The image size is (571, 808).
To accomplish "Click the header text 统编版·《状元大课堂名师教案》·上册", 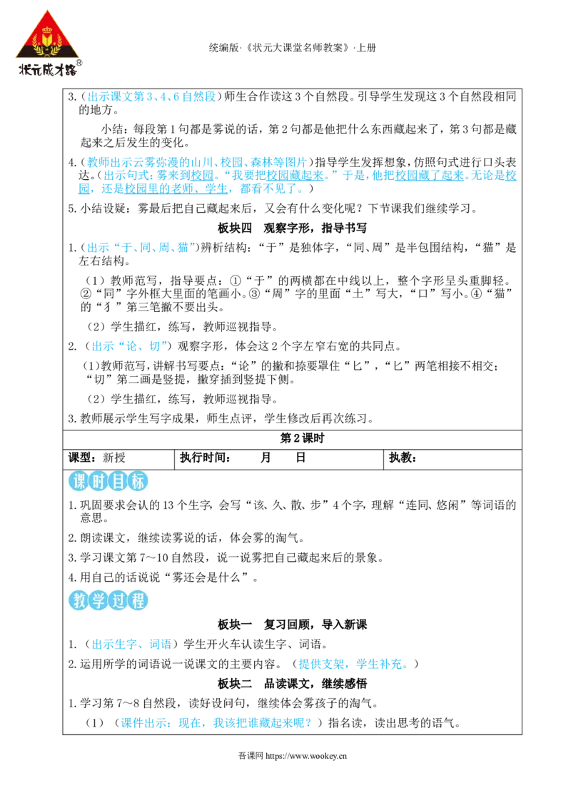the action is pyautogui.click(x=292, y=48).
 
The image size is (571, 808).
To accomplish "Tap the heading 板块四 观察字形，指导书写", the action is pyautogui.click(x=292, y=228).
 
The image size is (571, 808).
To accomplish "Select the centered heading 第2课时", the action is pyautogui.click(x=303, y=438).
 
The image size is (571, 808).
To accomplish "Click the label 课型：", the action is pyautogui.click(x=83, y=458).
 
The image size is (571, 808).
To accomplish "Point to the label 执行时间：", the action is pyautogui.click(x=205, y=458).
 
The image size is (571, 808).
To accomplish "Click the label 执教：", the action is pyautogui.click(x=403, y=458).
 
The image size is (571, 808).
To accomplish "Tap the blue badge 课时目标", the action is pyautogui.click(x=108, y=481).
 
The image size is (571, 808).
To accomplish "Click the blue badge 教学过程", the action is pyautogui.click(x=108, y=600).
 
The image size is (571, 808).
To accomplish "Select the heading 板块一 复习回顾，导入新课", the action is pyautogui.click(x=292, y=625).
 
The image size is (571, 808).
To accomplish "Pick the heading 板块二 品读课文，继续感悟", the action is pyautogui.click(x=292, y=684).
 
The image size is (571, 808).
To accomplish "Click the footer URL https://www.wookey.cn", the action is pyautogui.click(x=306, y=756).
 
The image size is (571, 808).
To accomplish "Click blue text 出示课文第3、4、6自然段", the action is pyautogui.click(x=151, y=96).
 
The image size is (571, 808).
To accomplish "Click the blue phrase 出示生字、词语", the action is pyautogui.click(x=131, y=644).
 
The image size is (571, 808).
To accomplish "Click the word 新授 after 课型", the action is pyautogui.click(x=114, y=458).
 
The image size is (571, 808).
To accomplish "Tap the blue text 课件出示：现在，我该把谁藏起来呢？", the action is pyautogui.click(x=216, y=723).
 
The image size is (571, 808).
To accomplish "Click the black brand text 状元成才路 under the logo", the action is pyautogui.click(x=48, y=69).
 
